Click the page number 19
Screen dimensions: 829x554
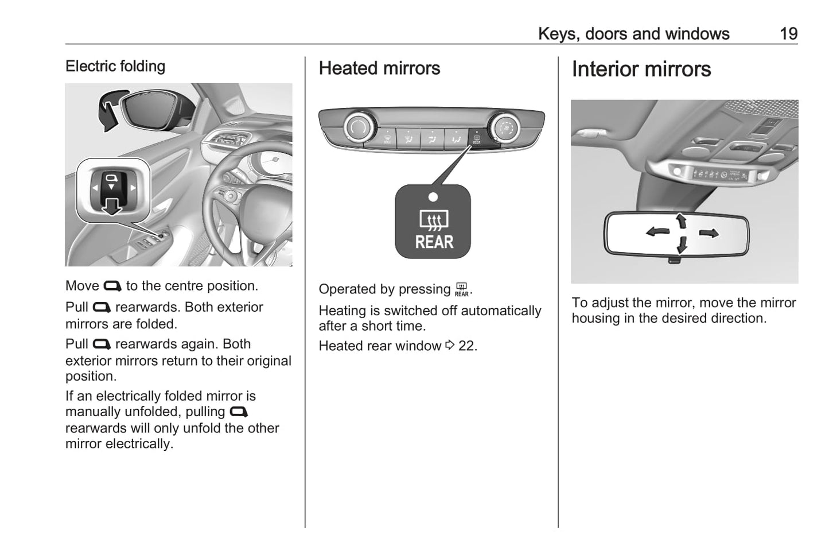[x=789, y=34]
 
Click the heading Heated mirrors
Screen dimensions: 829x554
[x=379, y=68]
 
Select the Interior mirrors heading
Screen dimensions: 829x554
[x=641, y=69]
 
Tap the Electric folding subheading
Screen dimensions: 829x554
[x=115, y=66]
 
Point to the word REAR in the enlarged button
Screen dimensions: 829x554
[x=434, y=242]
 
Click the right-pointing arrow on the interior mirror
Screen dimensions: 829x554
[x=709, y=233]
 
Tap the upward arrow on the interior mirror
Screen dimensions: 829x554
[x=681, y=221]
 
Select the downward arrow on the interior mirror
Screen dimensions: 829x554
[x=682, y=245]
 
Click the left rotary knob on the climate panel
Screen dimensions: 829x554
[x=357, y=128]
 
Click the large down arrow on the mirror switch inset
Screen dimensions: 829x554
[x=111, y=207]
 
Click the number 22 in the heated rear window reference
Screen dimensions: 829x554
[x=466, y=346]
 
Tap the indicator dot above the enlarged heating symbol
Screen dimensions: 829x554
[x=433, y=197]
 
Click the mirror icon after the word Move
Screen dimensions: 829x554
[x=112, y=286]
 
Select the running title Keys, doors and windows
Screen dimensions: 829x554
[x=633, y=34]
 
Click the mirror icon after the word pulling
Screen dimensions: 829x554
[x=239, y=412]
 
